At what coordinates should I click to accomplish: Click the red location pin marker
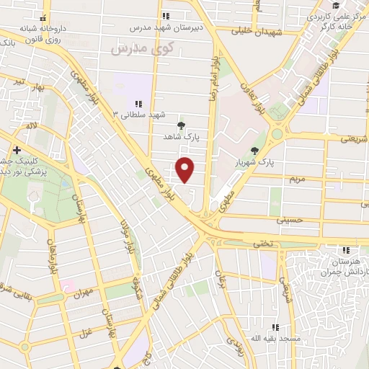coord(186,169)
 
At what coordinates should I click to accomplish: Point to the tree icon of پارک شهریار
coord(254,150)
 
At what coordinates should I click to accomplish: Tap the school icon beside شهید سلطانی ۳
coord(138,105)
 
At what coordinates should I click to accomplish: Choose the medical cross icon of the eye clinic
coord(17,150)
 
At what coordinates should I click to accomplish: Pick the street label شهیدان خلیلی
coord(255,31)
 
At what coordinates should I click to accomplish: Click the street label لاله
coord(31,125)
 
